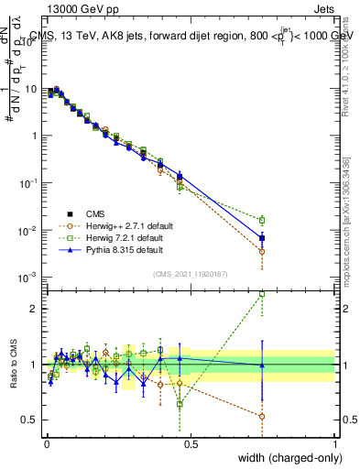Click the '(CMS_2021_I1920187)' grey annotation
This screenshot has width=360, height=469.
tap(191, 272)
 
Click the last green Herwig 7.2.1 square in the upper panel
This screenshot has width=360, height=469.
tap(263, 220)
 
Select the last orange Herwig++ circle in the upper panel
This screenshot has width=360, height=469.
tap(263, 251)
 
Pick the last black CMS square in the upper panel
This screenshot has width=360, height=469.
tap(263, 238)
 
